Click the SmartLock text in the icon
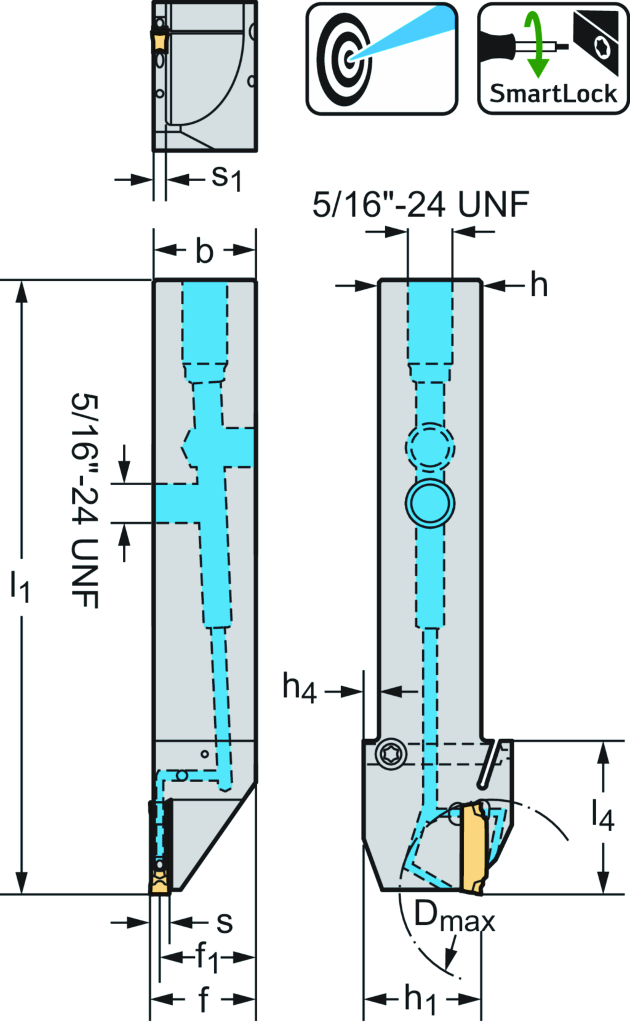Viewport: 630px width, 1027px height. (x=552, y=94)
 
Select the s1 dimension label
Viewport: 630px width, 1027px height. (x=226, y=178)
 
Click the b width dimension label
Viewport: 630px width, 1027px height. (x=204, y=251)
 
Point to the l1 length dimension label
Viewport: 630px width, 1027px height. (x=20, y=586)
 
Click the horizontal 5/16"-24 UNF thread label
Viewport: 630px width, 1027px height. (x=420, y=204)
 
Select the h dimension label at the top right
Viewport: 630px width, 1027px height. (x=538, y=285)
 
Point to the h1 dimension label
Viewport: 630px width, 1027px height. (x=420, y=999)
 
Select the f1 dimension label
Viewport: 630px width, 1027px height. (x=207, y=958)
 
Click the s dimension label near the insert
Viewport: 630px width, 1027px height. (x=225, y=922)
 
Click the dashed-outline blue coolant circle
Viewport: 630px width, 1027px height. (x=430, y=447)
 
